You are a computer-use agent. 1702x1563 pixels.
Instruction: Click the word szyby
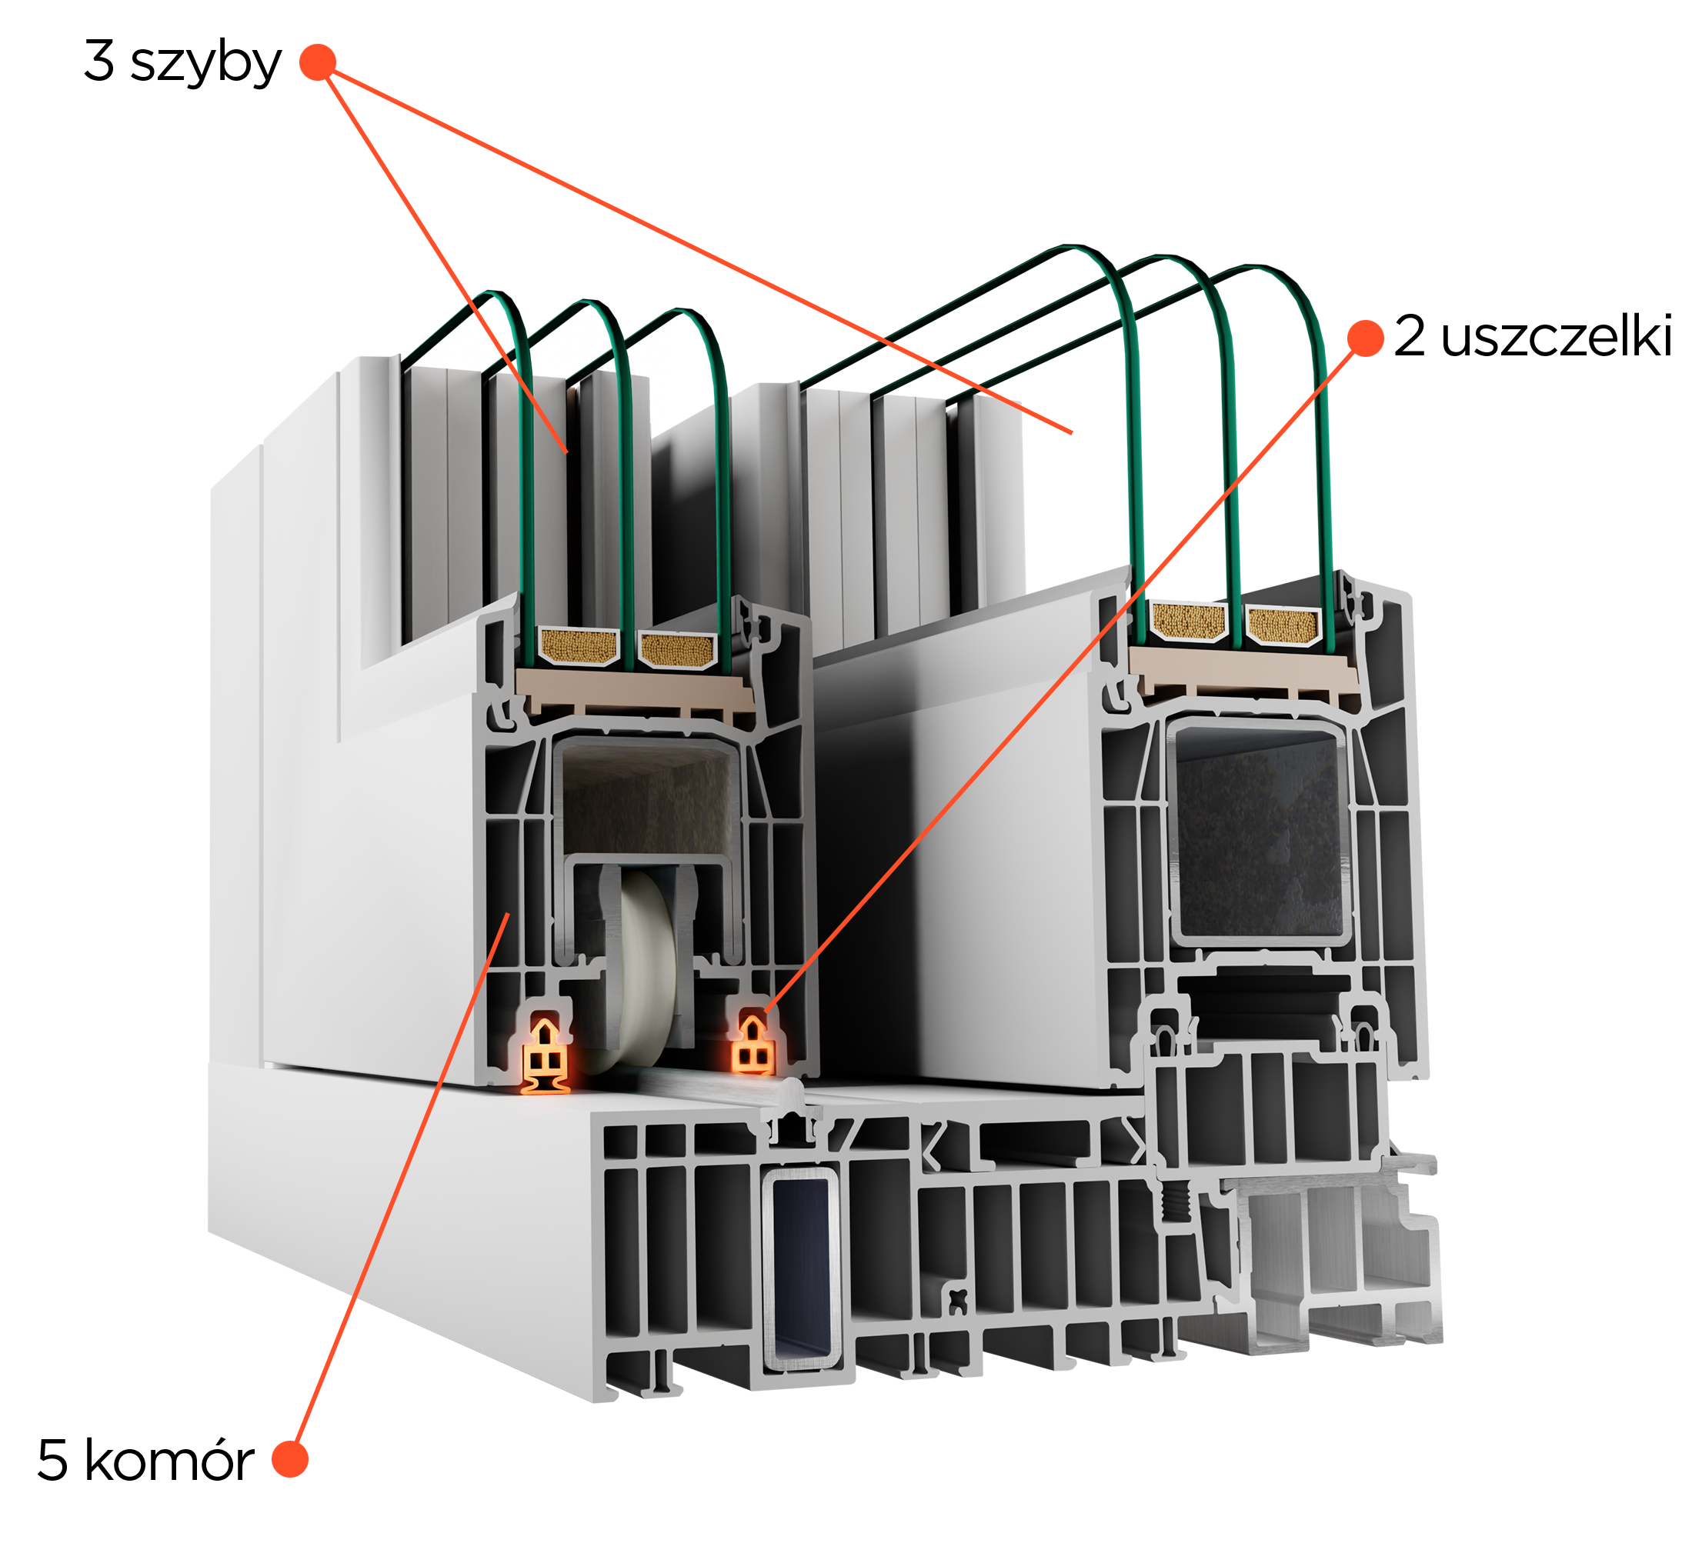(x=205, y=65)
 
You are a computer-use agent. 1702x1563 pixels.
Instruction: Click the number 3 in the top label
(x=99, y=61)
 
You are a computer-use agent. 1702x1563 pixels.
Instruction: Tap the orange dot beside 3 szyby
(x=318, y=62)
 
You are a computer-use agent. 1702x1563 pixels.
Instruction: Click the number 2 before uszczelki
(x=1410, y=336)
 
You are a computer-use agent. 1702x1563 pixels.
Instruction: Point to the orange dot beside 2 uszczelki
(x=1364, y=338)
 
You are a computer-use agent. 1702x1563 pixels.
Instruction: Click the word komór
(x=169, y=1461)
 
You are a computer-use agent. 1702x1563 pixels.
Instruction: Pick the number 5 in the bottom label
(x=52, y=1461)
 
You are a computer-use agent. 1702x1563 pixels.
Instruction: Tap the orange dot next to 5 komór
(x=289, y=1459)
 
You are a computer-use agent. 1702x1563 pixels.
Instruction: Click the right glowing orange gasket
(x=752, y=1045)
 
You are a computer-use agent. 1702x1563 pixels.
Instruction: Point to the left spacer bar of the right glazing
(x=1189, y=622)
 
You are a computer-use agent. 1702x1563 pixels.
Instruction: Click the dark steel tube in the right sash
(x=1259, y=831)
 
